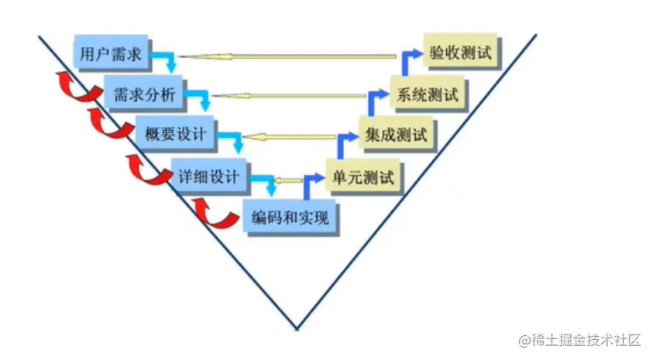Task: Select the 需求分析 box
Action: tap(139, 95)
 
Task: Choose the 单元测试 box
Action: tap(362, 176)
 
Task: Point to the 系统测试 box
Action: tap(428, 95)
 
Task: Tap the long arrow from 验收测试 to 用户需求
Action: tap(294, 57)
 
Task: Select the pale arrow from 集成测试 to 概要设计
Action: tap(302, 136)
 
